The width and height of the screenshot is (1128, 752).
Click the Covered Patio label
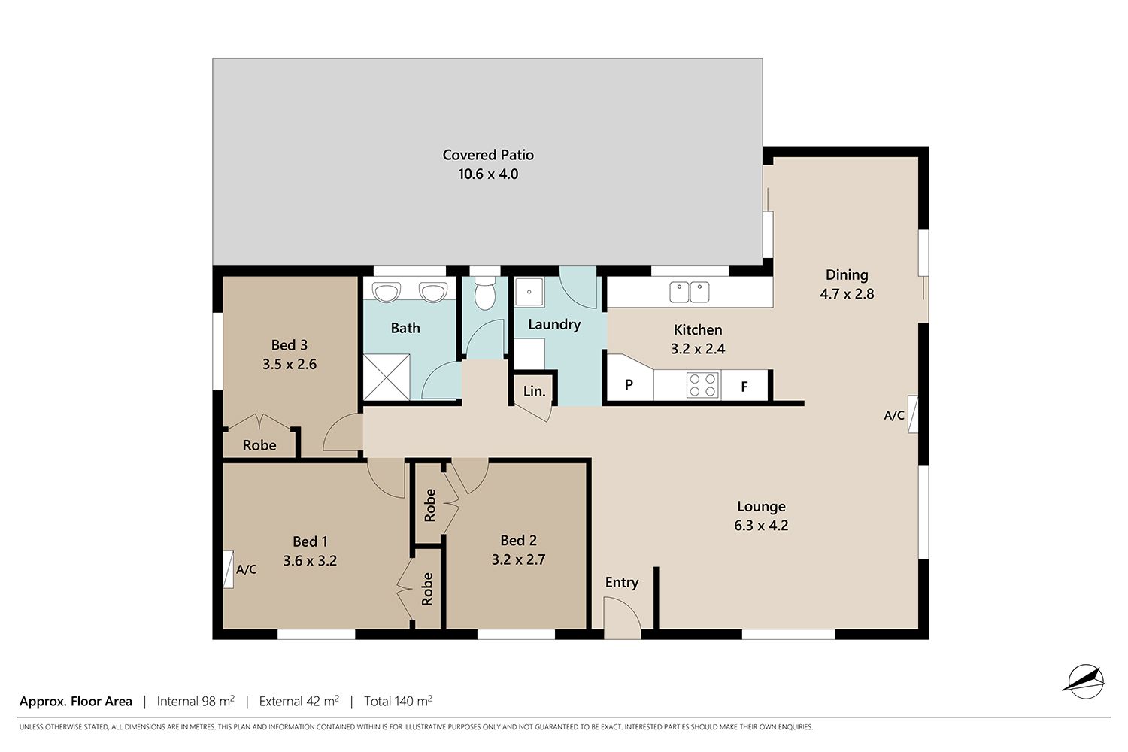(488, 155)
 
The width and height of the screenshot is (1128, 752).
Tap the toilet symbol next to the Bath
(485, 293)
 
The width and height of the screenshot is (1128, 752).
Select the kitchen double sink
(690, 292)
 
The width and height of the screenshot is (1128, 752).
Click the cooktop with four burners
(703, 385)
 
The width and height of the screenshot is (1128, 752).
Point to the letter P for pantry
(629, 385)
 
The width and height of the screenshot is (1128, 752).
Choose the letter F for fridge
(744, 387)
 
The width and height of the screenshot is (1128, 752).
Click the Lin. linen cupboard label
(534, 391)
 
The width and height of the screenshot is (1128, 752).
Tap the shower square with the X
(387, 378)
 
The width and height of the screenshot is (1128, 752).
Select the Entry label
(622, 582)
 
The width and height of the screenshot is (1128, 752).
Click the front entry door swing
(623, 617)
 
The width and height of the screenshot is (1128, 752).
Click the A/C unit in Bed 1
(229, 570)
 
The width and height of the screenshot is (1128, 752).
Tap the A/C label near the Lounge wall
(894, 416)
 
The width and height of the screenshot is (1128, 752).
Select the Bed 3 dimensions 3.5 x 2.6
(290, 364)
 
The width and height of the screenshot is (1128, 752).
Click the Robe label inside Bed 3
(259, 445)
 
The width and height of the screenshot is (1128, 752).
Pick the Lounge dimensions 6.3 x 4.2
(761, 526)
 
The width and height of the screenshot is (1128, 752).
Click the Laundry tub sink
(529, 291)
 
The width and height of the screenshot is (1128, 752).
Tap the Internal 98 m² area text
(196, 701)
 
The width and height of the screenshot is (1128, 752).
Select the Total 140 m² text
(398, 701)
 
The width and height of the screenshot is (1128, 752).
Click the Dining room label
(847, 275)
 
